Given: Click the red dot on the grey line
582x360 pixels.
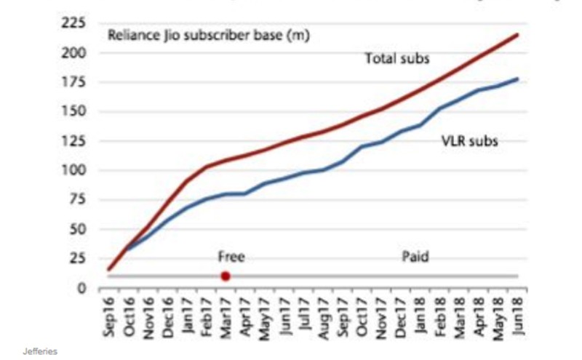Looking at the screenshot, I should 226,276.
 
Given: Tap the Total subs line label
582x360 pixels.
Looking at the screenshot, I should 397,58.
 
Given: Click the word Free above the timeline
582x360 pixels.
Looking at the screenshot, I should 231,257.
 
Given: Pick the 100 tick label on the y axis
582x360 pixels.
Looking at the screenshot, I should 76,171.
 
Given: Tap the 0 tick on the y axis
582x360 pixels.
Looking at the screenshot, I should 83,289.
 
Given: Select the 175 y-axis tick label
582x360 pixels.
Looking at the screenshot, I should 76,82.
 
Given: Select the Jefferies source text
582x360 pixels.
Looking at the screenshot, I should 40,351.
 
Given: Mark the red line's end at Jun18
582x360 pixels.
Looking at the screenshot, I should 517,34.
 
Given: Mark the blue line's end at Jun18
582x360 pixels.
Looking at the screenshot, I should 517,79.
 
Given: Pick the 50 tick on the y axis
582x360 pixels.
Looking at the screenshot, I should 79,230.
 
